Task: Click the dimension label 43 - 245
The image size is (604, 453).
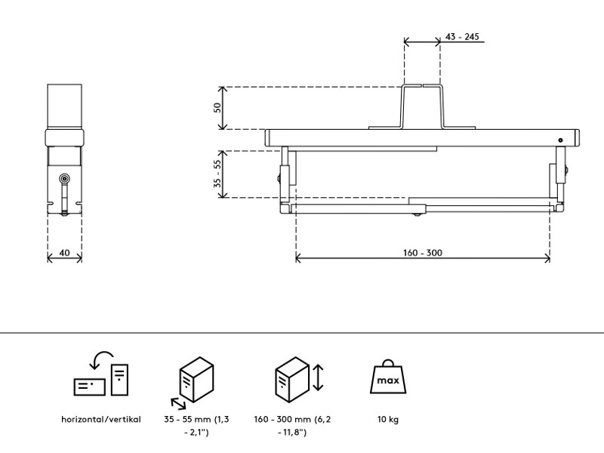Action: [x=463, y=37]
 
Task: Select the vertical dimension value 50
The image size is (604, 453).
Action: [x=218, y=107]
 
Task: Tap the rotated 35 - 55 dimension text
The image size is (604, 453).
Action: [x=218, y=174]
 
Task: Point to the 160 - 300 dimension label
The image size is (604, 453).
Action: [x=423, y=252]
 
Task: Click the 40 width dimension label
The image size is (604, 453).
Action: [x=65, y=253]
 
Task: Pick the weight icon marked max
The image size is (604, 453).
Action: [x=388, y=378]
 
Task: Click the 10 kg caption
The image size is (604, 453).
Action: [x=388, y=419]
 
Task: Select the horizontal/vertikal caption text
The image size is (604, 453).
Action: [x=101, y=419]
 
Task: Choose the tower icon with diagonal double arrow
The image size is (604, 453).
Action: [x=196, y=377]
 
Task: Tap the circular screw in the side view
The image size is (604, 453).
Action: [x=65, y=179]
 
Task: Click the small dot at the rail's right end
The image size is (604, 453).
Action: [x=560, y=140]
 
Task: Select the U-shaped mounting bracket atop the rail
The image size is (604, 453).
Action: [x=421, y=108]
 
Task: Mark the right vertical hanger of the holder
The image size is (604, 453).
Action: [x=560, y=174]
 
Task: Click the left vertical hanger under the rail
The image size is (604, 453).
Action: [x=285, y=174]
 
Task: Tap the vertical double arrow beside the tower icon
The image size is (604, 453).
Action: [x=318, y=377]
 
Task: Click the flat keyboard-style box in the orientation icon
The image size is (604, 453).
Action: [x=90, y=386]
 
